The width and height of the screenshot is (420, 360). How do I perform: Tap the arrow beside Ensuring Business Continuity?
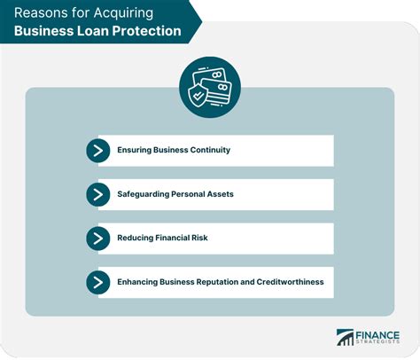click(97, 150)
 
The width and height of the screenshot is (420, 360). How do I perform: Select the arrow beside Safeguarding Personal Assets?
click(97, 194)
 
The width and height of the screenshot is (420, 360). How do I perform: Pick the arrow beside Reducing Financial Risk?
click(97, 238)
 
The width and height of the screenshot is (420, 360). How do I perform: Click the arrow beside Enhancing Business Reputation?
click(97, 282)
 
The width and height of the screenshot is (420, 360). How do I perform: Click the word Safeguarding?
click(145, 194)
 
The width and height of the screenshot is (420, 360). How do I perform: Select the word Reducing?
click(136, 238)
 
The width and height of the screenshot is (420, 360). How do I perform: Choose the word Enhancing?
click(139, 282)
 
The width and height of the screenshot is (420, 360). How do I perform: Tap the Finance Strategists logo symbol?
click(345, 337)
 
